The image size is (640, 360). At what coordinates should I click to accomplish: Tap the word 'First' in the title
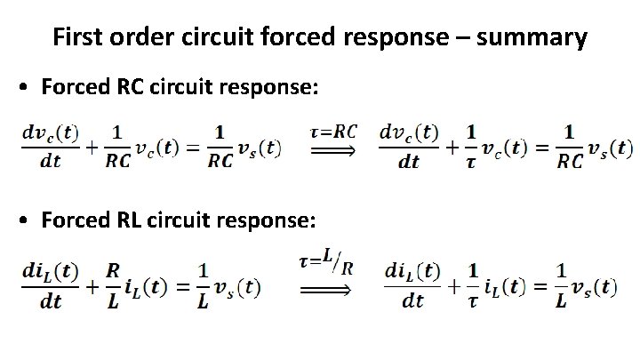click(75, 37)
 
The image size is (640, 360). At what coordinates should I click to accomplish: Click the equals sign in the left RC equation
click(190, 149)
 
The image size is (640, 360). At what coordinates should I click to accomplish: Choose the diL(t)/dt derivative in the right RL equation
click(414, 286)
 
